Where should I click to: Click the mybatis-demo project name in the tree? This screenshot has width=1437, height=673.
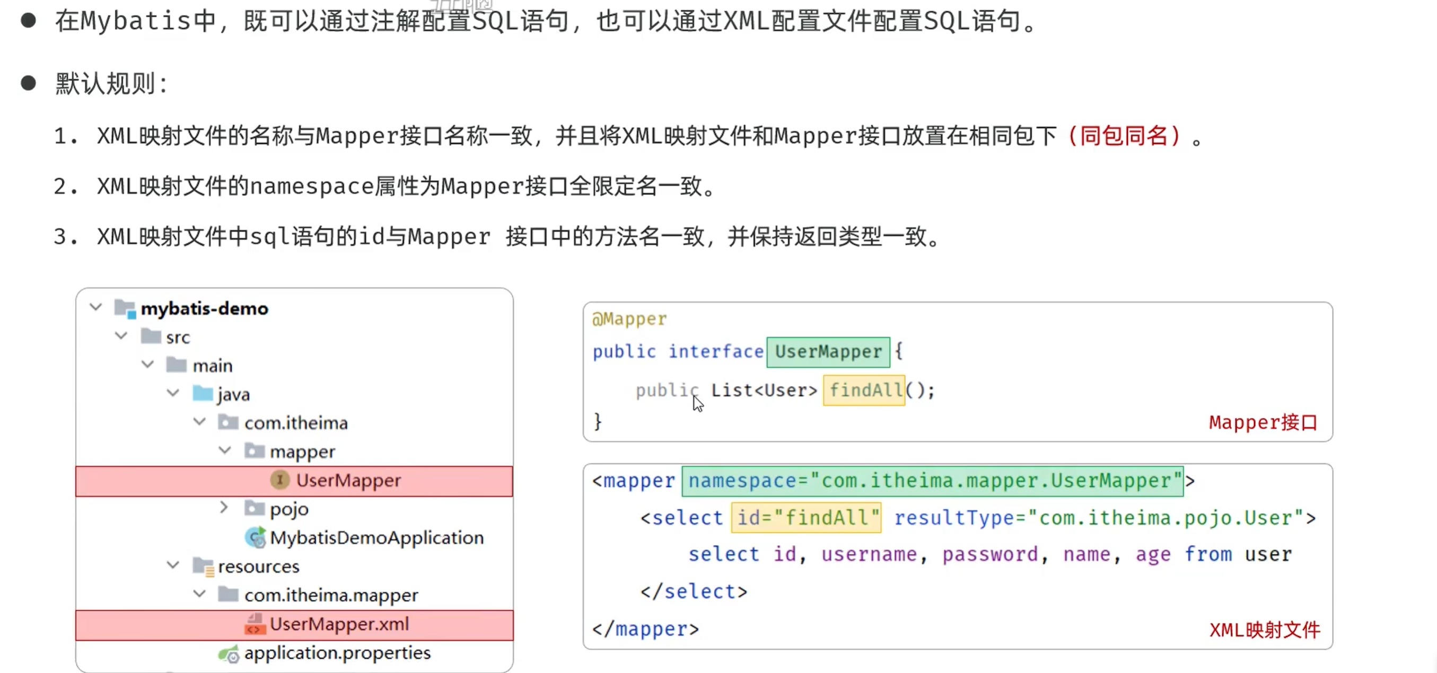(x=204, y=308)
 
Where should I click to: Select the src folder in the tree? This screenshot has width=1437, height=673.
(x=178, y=338)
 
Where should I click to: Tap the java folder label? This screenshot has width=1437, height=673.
(x=233, y=395)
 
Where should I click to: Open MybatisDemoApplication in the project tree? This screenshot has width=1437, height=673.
(x=376, y=537)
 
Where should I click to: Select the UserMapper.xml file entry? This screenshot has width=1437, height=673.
(x=339, y=624)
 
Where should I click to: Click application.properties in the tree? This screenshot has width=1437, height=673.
(x=337, y=653)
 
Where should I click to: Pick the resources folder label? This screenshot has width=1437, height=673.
(x=259, y=566)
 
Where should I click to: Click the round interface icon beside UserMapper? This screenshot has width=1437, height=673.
(x=280, y=480)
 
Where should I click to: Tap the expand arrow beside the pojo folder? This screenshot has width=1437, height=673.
(x=224, y=507)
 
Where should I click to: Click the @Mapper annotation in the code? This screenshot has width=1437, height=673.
(x=629, y=319)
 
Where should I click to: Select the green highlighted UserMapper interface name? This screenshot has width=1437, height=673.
(x=828, y=352)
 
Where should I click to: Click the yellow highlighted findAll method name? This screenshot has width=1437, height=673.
(x=864, y=391)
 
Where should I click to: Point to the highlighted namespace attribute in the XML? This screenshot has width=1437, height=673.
(x=933, y=481)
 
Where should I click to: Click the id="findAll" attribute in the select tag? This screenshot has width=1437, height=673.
(x=807, y=518)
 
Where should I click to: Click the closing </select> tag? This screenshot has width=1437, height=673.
(x=694, y=591)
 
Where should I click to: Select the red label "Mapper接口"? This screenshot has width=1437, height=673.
(x=1263, y=423)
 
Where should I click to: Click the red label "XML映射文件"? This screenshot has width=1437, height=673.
(x=1265, y=630)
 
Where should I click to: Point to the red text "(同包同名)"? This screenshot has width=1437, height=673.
(x=1124, y=136)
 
